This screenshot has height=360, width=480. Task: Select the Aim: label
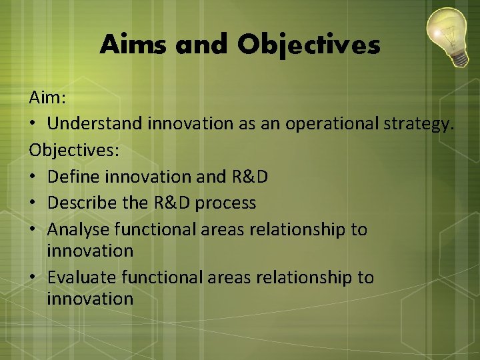point(47,99)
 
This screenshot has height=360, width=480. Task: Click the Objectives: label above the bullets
point(74,150)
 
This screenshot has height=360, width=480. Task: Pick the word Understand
point(95,124)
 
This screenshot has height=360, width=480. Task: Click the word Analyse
point(79,229)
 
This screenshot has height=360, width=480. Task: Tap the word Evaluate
point(82,277)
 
